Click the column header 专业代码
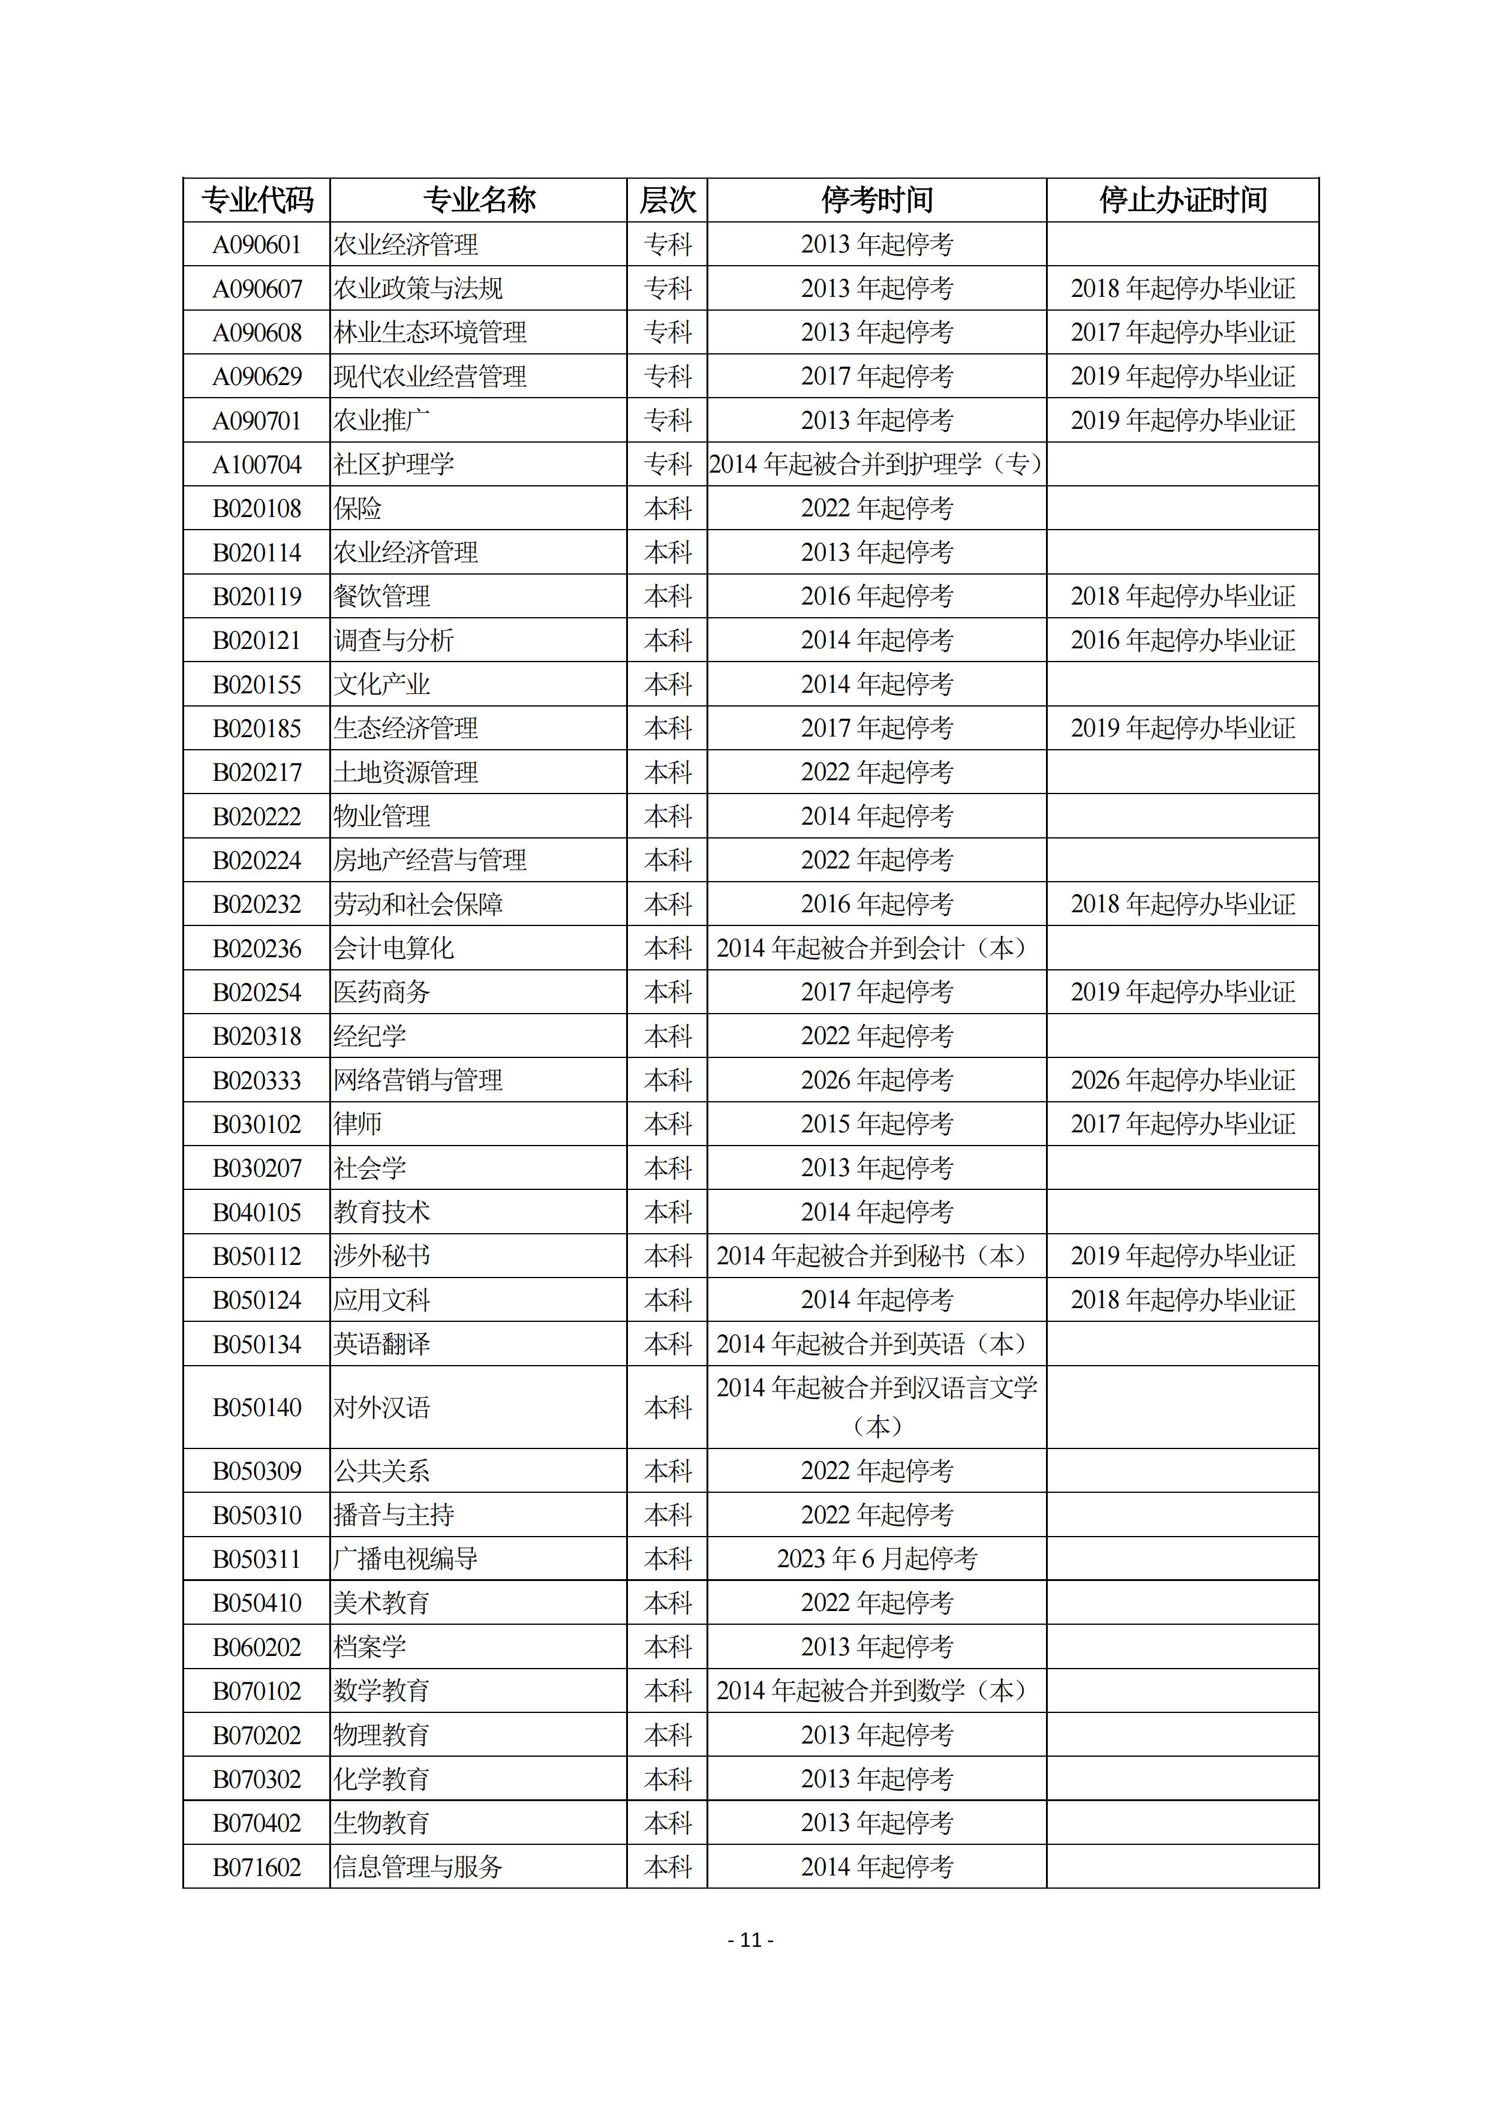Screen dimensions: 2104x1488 pos(257,200)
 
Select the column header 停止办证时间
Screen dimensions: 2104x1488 pos(1183,200)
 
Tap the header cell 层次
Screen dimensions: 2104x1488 pos(667,200)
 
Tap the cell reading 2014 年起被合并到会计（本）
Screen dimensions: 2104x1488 pos(877,948)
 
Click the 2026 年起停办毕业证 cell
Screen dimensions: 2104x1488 pos(1183,1080)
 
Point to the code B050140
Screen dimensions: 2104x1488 pos(257,1408)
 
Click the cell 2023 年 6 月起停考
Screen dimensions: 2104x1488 pos(877,1559)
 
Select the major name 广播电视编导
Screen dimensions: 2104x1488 pos(406,1559)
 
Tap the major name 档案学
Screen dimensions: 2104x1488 pos(370,1647)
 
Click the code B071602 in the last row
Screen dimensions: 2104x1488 pos(257,1866)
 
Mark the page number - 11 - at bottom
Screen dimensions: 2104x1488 pos(750,1940)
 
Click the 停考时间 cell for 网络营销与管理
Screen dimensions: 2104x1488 pos(877,1080)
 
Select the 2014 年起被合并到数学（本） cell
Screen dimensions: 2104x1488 pos(877,1691)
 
